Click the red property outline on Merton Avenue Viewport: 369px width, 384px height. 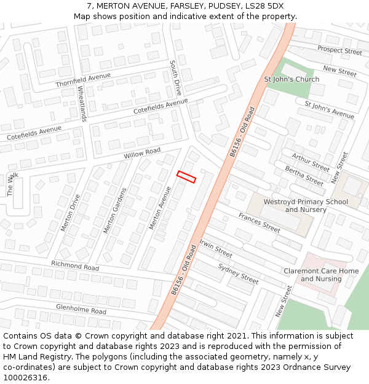(x=186, y=177)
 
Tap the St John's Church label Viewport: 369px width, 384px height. (x=292, y=79)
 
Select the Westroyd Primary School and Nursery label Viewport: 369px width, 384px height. (x=306, y=206)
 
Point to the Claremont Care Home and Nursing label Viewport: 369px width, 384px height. (x=321, y=275)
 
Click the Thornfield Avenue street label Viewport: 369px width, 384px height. (x=83, y=80)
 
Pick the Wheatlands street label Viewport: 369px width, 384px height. (x=82, y=103)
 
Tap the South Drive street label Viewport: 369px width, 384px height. (x=176, y=77)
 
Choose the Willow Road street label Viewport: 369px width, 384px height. (x=142, y=153)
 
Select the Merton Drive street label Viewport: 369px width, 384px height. (x=70, y=213)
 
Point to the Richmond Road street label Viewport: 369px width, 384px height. (x=75, y=266)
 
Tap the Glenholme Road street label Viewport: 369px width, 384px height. (x=81, y=308)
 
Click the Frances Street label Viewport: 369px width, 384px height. (x=260, y=222)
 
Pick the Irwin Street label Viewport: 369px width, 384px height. (x=215, y=249)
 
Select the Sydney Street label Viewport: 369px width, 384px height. (x=239, y=273)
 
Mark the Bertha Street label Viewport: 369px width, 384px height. (x=304, y=176)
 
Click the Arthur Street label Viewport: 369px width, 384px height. (x=311, y=162)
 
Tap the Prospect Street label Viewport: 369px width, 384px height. (x=339, y=50)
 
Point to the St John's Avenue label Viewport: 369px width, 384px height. (x=330, y=109)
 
